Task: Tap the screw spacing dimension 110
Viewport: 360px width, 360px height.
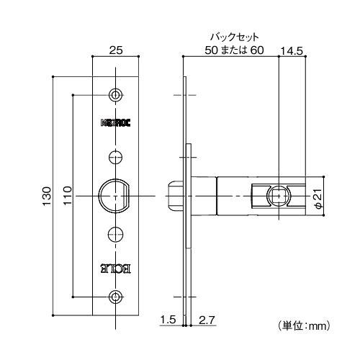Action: [66, 195]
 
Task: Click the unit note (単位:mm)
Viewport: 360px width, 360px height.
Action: [303, 326]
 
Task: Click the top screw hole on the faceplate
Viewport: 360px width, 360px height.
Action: [115, 95]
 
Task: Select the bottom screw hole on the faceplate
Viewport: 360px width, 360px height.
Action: [115, 297]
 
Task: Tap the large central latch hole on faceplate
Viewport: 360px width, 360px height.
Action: [114, 195]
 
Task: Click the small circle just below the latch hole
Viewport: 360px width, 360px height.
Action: [115, 233]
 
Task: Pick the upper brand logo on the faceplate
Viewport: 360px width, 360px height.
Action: [115, 122]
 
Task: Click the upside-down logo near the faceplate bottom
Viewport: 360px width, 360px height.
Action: [115, 269]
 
